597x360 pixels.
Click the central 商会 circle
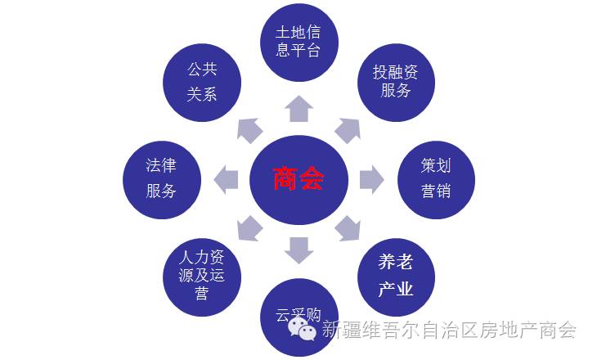point(298,178)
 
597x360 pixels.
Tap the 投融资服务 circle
point(395,80)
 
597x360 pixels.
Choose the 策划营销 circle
point(436,178)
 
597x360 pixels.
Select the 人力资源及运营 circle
point(201,276)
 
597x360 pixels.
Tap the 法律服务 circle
point(161,179)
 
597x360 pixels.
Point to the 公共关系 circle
point(201,81)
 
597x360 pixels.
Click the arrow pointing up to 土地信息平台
point(298,108)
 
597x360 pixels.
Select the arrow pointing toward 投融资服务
point(348,129)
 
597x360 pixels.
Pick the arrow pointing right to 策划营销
point(370,178)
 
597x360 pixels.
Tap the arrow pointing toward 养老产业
point(348,227)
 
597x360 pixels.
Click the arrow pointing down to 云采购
point(298,249)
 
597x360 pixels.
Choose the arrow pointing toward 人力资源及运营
point(249,227)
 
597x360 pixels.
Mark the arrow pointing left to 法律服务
point(227,178)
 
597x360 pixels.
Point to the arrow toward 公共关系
point(249,129)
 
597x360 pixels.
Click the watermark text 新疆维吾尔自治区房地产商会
point(449,330)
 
